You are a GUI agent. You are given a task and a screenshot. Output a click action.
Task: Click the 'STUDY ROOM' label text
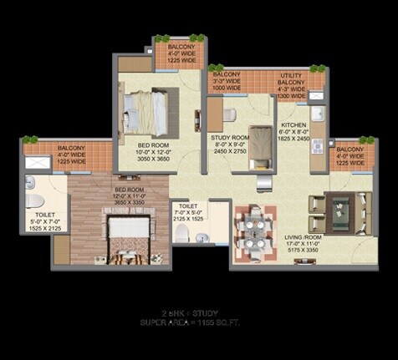[228, 137]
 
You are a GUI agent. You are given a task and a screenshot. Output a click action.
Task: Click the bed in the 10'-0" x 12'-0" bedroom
[151, 109]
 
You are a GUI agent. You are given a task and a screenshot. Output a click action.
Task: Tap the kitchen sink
[317, 114]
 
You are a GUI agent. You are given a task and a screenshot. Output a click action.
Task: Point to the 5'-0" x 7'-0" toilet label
[39, 218]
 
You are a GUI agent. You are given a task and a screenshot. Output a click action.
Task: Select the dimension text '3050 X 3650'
[153, 159]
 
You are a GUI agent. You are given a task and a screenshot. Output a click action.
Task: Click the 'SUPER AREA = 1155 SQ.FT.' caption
[198, 322]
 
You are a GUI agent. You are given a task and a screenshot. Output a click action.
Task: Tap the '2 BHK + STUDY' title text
[198, 311]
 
